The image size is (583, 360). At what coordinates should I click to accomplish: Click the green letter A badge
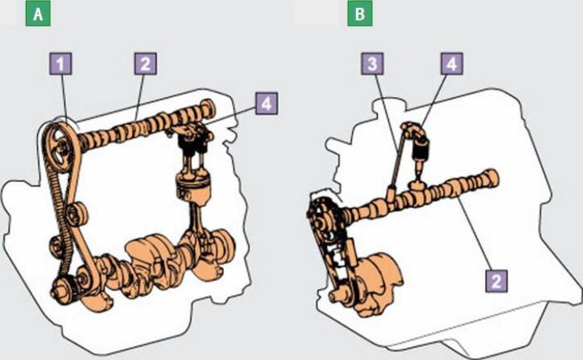pos(38,15)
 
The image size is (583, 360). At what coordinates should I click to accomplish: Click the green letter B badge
pos(360,15)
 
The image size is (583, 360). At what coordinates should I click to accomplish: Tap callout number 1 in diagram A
pos(61,64)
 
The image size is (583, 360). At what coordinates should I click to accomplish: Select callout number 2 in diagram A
pos(146,64)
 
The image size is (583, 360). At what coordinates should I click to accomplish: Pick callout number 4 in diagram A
pos(266,104)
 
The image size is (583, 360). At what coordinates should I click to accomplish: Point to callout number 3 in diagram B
pos(372,64)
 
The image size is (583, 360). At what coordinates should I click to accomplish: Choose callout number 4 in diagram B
pos(452,64)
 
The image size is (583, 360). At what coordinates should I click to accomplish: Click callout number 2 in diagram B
pos(496,281)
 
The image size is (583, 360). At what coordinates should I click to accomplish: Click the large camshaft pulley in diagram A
pos(59,148)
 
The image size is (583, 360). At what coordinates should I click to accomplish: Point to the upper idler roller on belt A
pos(77,214)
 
